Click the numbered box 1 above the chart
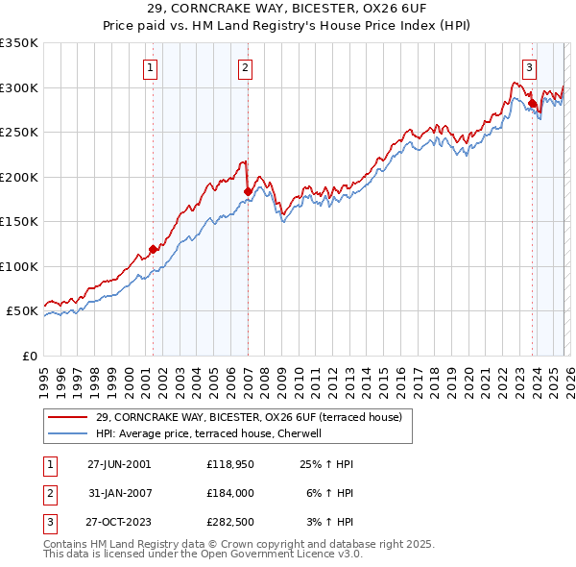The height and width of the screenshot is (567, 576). (x=152, y=67)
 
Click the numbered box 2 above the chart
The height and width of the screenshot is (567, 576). (x=246, y=67)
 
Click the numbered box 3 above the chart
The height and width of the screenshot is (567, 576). (x=529, y=67)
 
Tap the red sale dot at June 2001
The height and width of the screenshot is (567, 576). (x=153, y=249)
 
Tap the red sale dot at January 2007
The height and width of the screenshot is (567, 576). (x=248, y=191)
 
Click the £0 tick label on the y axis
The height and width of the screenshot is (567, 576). (x=31, y=356)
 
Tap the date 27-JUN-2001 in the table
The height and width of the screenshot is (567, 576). (x=119, y=464)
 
